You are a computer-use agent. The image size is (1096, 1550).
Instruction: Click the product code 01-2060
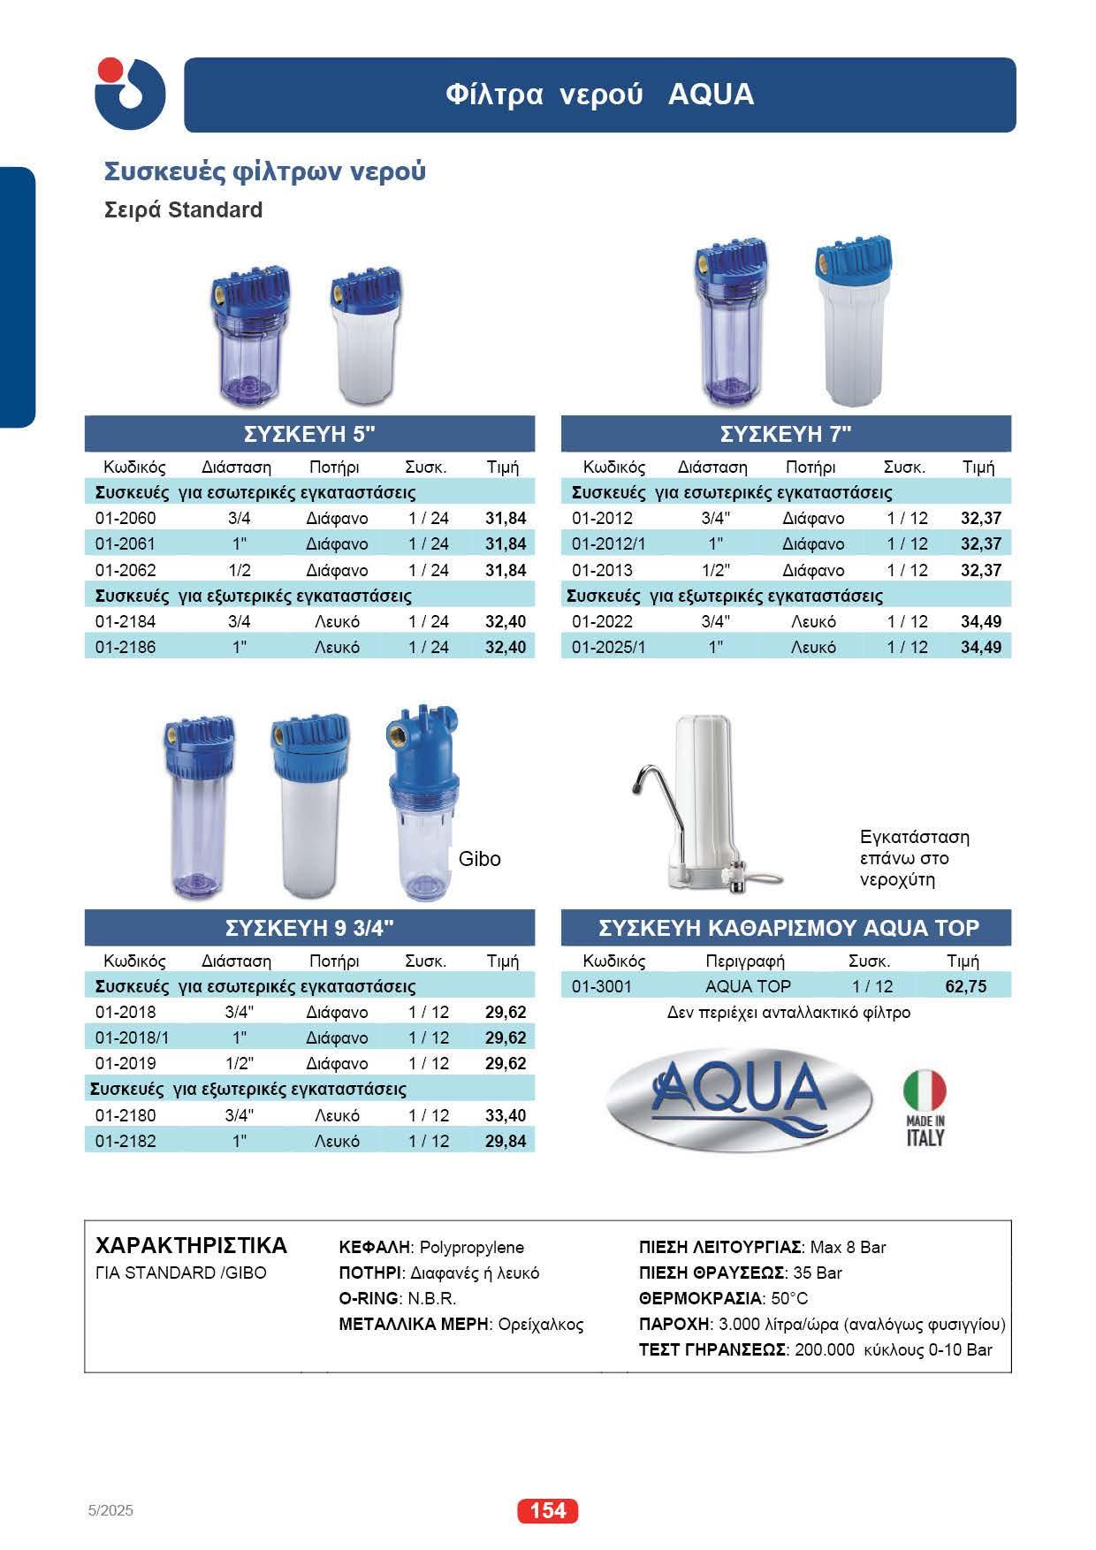pyautogui.click(x=125, y=518)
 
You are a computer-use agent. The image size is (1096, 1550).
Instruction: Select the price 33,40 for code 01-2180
pyautogui.click(x=506, y=1115)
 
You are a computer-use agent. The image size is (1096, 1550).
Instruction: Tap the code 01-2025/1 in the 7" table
pyautogui.click(x=608, y=647)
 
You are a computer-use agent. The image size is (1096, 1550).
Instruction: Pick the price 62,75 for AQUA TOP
pyautogui.click(x=966, y=986)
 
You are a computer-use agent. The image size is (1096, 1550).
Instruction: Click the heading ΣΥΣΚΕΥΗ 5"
pyautogui.click(x=310, y=434)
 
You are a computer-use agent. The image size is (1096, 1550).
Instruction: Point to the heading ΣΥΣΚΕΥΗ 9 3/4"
pyautogui.click(x=310, y=928)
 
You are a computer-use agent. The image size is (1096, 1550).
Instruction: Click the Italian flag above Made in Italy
pyautogui.click(x=925, y=1091)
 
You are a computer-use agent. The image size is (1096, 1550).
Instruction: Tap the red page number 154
pyautogui.click(x=547, y=1510)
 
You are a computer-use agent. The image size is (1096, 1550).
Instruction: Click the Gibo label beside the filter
pyautogui.click(x=480, y=859)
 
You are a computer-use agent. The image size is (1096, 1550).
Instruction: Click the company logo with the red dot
pyautogui.click(x=130, y=94)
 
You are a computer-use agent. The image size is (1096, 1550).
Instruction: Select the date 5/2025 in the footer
pyautogui.click(x=110, y=1510)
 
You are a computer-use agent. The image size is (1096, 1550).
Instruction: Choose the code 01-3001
pyautogui.click(x=601, y=986)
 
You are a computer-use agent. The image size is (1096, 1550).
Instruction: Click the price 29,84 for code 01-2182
pyautogui.click(x=506, y=1141)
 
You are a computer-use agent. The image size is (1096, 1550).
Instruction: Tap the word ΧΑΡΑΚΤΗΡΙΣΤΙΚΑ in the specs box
pyautogui.click(x=191, y=1246)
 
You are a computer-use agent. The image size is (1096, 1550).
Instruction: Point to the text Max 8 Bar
pyautogui.click(x=848, y=1247)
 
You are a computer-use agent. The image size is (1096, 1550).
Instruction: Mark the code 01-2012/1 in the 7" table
pyautogui.click(x=608, y=543)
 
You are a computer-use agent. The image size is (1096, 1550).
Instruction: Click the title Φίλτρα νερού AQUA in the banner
pyautogui.click(x=600, y=95)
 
